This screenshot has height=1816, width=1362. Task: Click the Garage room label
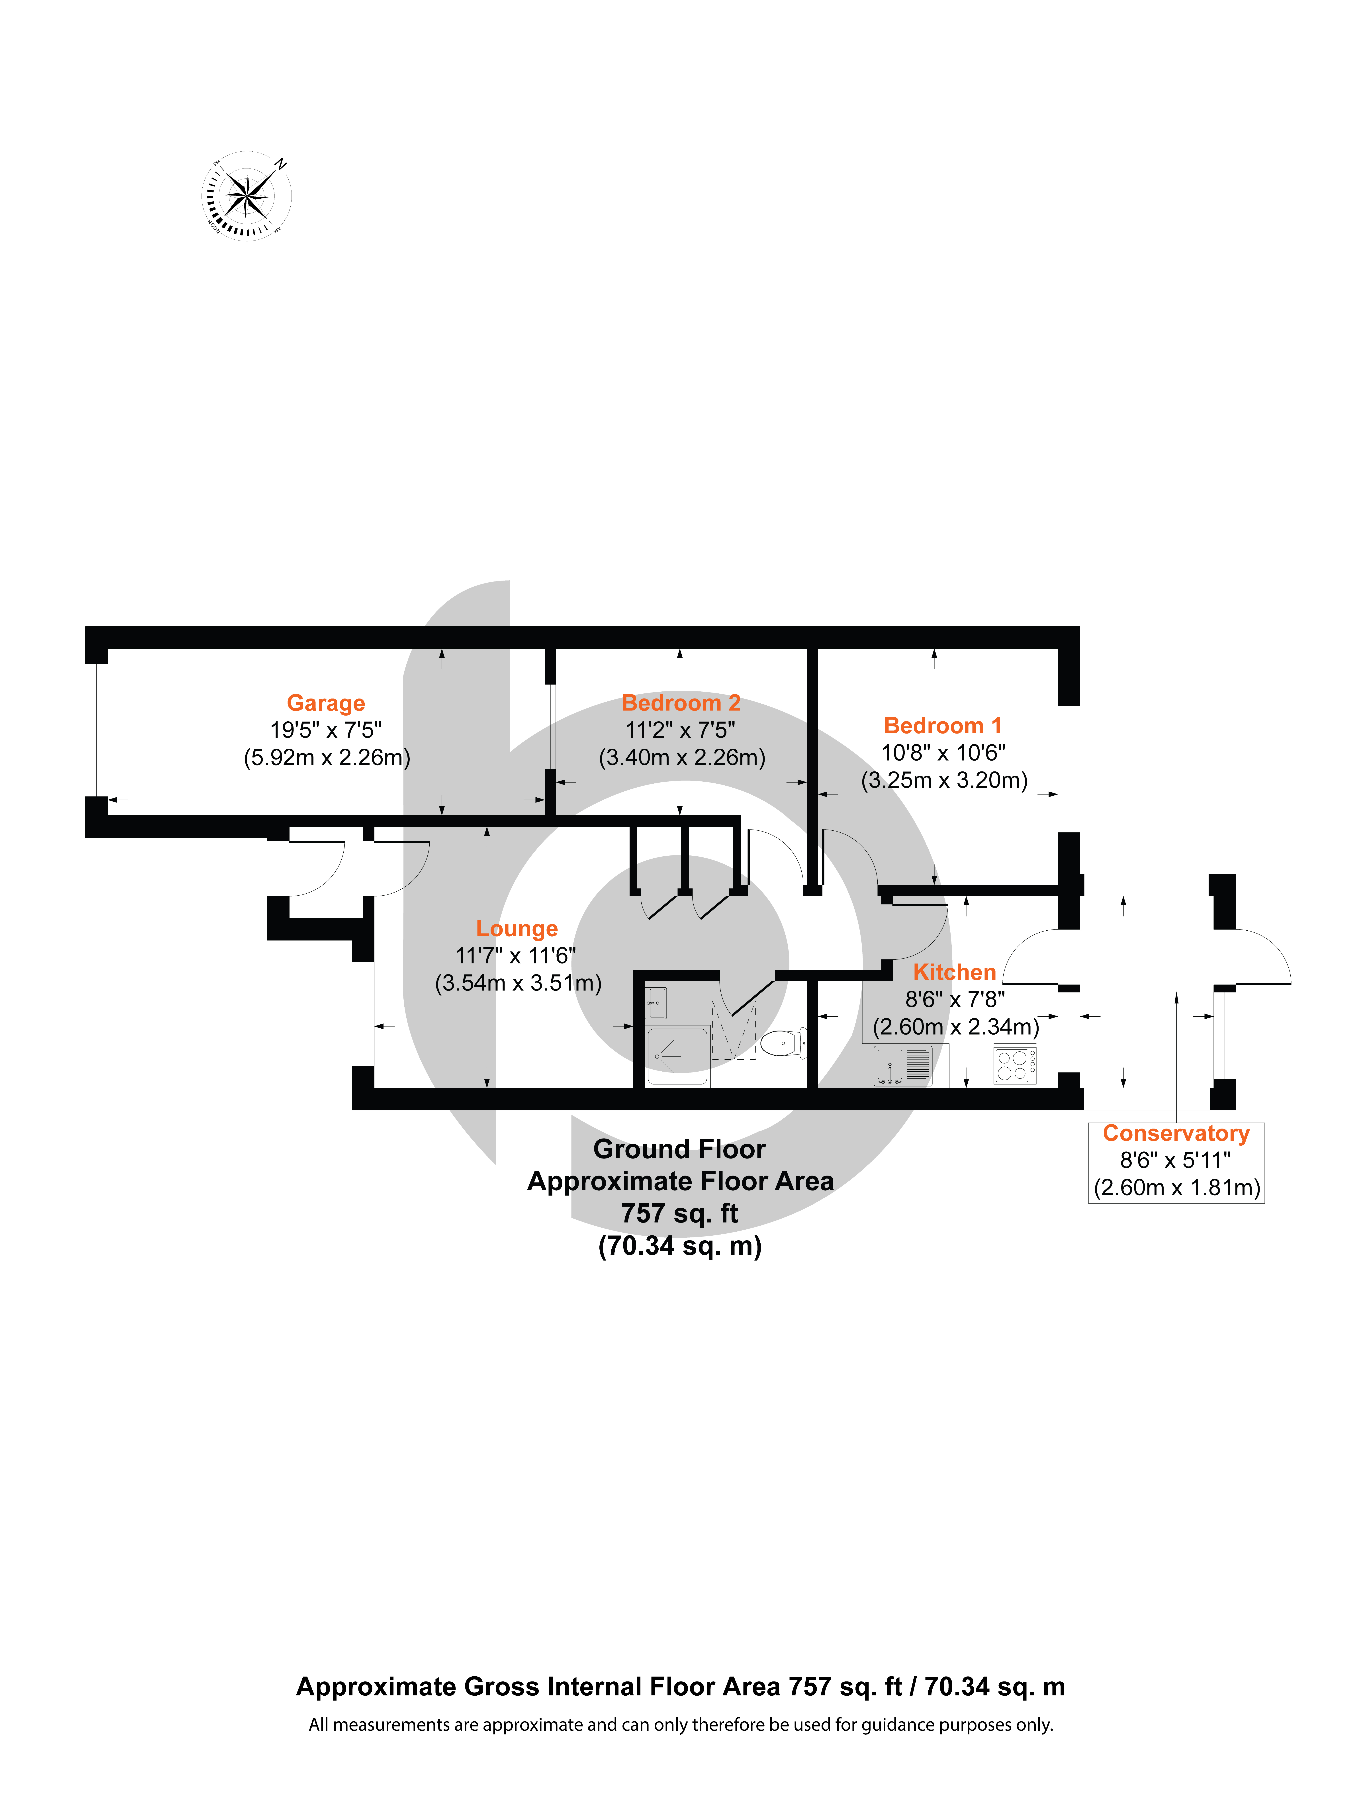pos(326,704)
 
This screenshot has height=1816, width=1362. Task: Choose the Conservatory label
pos(1176,1134)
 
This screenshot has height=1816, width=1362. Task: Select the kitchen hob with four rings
pos(1015,1065)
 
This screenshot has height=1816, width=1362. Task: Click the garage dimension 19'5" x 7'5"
pos(326,730)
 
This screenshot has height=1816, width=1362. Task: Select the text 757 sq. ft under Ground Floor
pos(680,1213)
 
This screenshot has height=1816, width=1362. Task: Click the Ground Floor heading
pos(680,1149)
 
